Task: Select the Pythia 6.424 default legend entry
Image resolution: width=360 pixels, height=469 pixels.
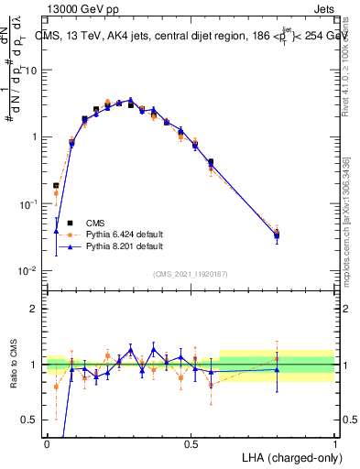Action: [x=125, y=234]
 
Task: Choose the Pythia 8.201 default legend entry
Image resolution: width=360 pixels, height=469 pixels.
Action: [x=125, y=246]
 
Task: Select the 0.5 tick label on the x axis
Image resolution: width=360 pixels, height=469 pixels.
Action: [x=191, y=444]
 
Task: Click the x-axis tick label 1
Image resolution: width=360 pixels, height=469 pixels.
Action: [x=334, y=444]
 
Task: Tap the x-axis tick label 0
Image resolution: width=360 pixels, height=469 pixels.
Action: [x=47, y=444]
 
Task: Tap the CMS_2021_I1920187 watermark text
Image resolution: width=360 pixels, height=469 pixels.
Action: [x=191, y=273]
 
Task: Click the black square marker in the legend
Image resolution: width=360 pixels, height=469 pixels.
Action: [x=70, y=221]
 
